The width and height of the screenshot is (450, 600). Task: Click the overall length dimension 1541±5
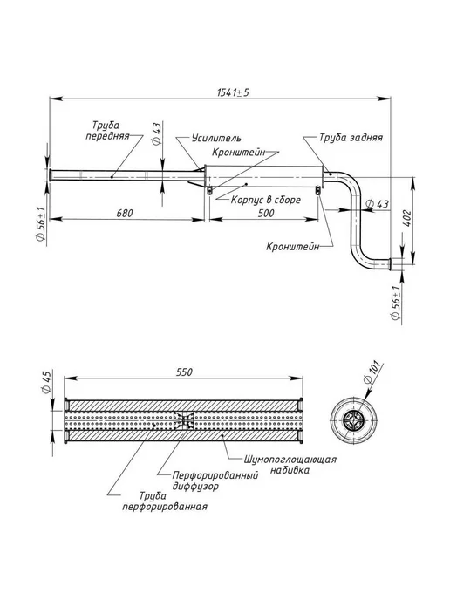click(x=233, y=92)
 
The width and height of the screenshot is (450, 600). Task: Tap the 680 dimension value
click(x=125, y=213)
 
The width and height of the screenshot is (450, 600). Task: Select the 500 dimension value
click(x=266, y=213)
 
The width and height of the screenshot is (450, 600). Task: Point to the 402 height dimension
click(x=406, y=218)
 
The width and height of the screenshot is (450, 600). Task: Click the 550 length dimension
click(x=184, y=372)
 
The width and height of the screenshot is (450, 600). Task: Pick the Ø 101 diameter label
click(x=372, y=372)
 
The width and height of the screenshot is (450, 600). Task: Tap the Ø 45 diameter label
click(x=46, y=381)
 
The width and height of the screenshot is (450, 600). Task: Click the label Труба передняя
click(x=107, y=131)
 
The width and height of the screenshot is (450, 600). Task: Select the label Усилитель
click(x=216, y=138)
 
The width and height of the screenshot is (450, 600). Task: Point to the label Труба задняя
click(x=351, y=138)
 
